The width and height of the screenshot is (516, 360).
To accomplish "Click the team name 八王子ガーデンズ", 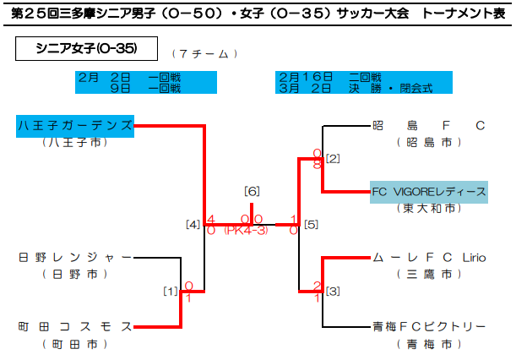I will point(75,126).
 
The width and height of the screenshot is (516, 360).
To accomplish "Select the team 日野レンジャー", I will point(75,257).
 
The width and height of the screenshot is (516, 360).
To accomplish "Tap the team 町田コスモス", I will point(75,326).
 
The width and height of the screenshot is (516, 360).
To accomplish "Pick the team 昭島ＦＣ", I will point(429,126).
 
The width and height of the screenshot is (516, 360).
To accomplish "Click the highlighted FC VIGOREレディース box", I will point(429,191).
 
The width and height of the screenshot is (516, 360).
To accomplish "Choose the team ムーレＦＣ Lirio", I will point(429,257).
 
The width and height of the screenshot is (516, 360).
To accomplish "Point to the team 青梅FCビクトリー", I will point(429,326).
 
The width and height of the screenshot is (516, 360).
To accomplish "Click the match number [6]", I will point(251,190).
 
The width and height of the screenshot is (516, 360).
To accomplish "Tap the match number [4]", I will point(193,225).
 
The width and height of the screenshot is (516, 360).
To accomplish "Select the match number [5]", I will point(311,225).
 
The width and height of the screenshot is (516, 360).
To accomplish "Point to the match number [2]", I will point(333,158).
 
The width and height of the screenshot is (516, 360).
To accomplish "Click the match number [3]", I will point(333,292).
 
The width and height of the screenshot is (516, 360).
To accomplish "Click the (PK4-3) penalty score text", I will point(246,231).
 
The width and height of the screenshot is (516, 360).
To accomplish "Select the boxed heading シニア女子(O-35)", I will point(88,49).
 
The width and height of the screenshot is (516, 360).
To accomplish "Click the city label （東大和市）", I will point(429,208).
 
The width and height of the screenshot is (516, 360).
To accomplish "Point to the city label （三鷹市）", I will point(429,274).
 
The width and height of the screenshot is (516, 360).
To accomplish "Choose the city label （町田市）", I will point(75,344).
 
